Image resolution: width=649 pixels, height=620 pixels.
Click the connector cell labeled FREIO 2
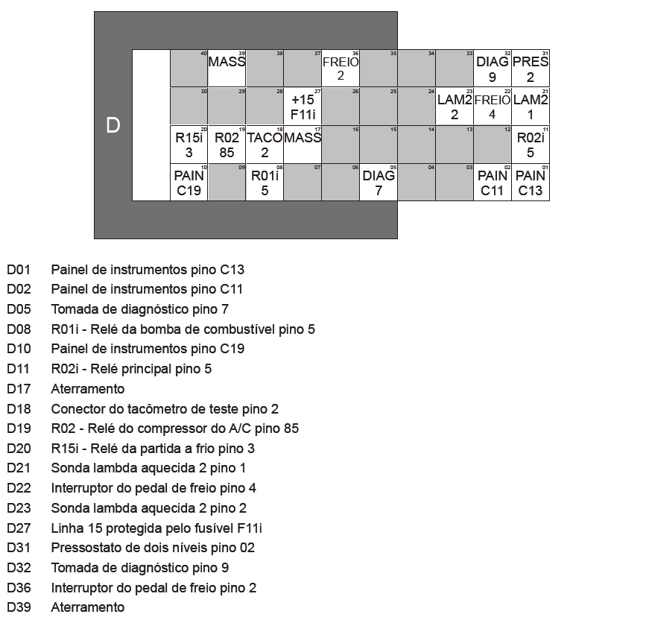341,69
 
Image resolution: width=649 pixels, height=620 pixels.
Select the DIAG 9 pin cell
492,69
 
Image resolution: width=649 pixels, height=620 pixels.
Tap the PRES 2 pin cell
530,69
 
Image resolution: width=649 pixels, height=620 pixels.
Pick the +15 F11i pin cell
303,107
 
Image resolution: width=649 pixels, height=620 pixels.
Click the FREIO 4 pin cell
492,107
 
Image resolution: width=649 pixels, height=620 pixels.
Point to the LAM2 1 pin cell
530,107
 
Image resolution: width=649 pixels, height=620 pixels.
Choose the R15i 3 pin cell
189,145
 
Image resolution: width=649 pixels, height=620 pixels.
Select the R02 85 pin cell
227,145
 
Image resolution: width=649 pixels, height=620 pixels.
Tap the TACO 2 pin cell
265,145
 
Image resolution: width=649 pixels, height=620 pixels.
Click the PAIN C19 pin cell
189,183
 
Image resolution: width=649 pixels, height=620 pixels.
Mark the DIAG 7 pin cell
379,183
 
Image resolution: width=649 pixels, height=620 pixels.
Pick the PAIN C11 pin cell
492,183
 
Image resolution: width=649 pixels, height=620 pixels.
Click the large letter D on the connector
113,125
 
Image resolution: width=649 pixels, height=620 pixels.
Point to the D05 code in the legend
19,309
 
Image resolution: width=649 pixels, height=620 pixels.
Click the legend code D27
19,528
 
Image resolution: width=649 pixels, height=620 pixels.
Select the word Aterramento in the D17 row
87,389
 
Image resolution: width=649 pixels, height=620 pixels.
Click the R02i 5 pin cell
530,145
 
